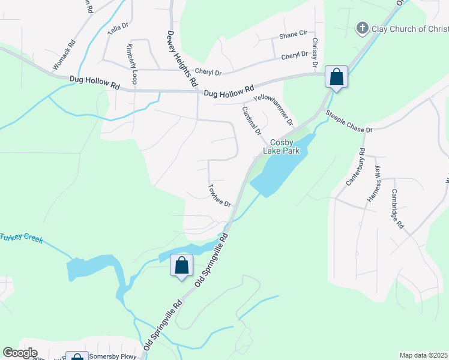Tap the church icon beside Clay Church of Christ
pos(362,28)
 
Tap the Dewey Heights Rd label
pos(182,60)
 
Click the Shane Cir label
pos(293,36)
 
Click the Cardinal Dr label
pos(252,120)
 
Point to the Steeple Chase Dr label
pos(349,121)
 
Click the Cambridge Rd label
pos(398,208)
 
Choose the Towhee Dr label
pos(219,196)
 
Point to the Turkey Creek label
pos(21,238)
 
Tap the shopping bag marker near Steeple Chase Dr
pos(336,77)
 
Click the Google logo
pos(20,353)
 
